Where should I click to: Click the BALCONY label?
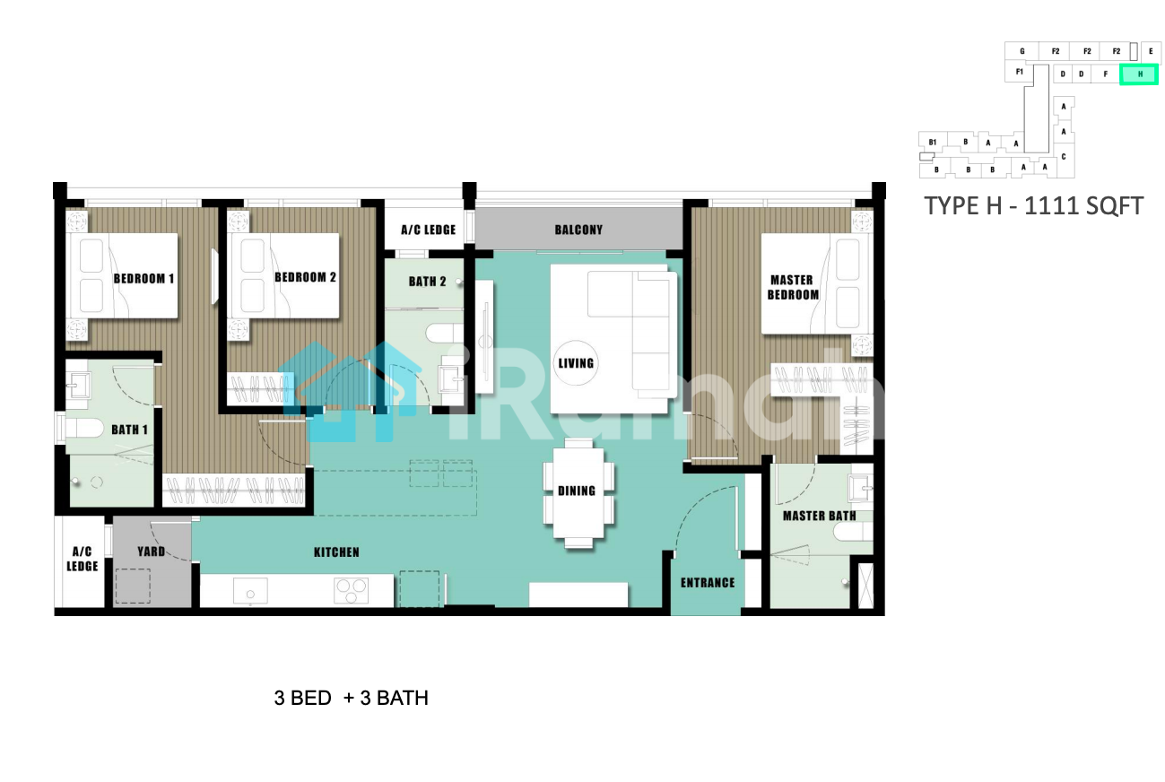[578, 230]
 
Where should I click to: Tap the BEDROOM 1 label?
[143, 279]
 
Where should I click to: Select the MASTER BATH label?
[819, 516]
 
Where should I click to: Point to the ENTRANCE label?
[708, 583]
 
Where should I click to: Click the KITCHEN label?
[336, 552]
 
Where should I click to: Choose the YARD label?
[152, 552]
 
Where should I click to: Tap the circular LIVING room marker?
[576, 363]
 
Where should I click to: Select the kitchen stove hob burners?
[351, 591]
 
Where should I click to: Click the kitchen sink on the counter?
[250, 592]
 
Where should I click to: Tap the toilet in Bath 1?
[84, 429]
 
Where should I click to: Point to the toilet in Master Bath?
[853, 532]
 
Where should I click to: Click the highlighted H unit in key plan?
[1138, 74]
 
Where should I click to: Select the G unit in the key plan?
[1022, 51]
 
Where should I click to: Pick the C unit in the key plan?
[1064, 157]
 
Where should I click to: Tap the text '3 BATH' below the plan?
[395, 698]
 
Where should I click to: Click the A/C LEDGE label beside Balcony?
[428, 230]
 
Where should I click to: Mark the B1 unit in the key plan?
[933, 142]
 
